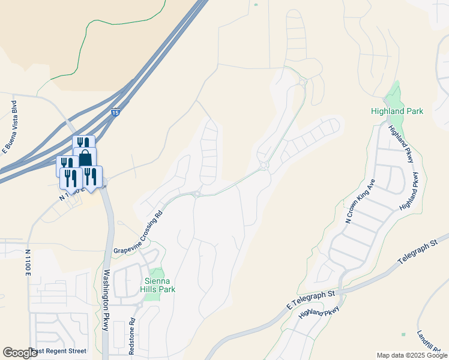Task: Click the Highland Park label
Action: click(397, 111)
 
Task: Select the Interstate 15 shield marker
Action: click(115, 112)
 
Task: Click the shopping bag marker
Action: click(85, 158)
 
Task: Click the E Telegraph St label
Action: click(310, 299)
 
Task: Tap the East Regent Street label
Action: click(58, 351)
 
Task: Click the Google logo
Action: click(20, 353)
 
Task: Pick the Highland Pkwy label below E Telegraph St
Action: click(319, 311)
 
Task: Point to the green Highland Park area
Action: click(393, 96)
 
